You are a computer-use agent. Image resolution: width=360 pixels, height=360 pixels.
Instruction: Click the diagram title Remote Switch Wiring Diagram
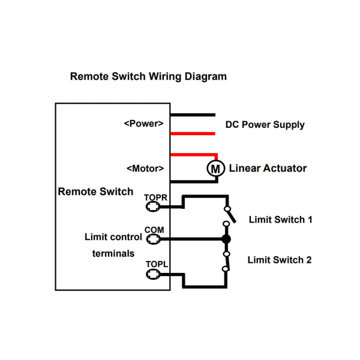click(x=148, y=77)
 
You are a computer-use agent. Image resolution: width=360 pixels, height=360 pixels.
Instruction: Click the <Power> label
click(x=144, y=123)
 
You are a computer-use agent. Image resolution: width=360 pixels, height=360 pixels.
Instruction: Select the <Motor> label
click(x=145, y=169)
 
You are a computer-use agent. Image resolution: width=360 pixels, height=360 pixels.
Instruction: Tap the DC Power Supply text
click(x=265, y=125)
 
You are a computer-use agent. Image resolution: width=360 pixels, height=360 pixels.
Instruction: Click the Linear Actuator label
click(x=268, y=169)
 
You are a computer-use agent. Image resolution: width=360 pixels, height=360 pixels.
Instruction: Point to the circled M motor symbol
click(x=215, y=169)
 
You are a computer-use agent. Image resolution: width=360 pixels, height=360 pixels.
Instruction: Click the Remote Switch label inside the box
click(x=95, y=192)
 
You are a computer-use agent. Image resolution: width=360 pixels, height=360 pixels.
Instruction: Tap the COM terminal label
click(x=154, y=230)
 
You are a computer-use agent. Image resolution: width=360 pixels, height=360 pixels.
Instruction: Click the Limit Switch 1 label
click(x=280, y=220)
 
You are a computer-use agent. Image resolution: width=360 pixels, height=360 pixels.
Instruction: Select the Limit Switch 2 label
click(x=280, y=260)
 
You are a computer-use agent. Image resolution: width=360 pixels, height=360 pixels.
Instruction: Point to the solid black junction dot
click(x=226, y=239)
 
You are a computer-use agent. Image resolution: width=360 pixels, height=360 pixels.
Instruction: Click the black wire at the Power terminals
click(x=193, y=114)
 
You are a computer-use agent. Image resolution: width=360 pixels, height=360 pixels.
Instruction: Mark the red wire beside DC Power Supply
click(x=193, y=133)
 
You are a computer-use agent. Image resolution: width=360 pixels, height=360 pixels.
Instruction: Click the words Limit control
click(x=113, y=237)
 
